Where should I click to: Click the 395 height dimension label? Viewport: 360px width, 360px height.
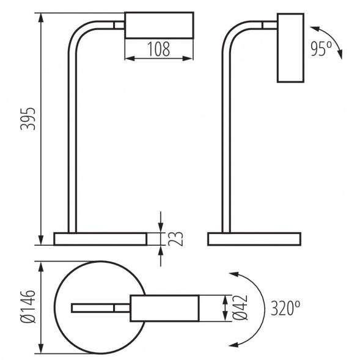coord(28,119)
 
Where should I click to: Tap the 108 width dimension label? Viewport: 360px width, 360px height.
coord(159,49)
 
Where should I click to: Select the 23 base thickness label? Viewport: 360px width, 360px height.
coord(175,239)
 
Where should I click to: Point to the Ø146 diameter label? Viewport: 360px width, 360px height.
coord(28,306)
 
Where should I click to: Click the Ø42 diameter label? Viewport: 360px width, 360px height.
coord(240,307)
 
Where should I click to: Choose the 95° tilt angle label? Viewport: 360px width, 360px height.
coord(321,49)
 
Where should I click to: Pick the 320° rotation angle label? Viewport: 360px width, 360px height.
coord(285,308)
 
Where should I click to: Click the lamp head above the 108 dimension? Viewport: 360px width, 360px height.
coord(159,25)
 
